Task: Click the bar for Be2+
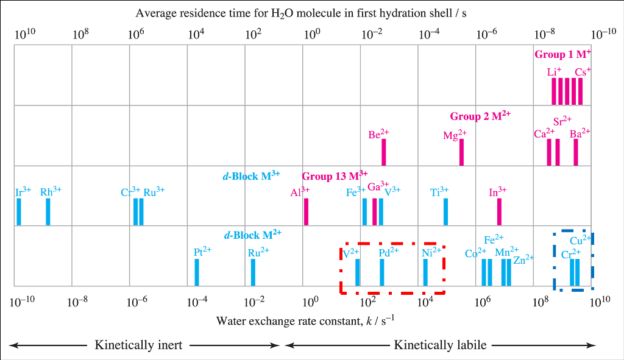coord(383,152)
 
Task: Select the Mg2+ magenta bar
coord(461,152)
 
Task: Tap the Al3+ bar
coord(306,211)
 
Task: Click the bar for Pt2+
coord(197,272)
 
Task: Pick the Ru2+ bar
coord(253,272)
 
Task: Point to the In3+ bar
coord(499,211)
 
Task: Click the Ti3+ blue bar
coord(445,211)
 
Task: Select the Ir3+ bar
coord(19,211)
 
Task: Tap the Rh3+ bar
coord(48,211)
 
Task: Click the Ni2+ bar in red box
coord(425,272)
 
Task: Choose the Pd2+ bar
coord(382,272)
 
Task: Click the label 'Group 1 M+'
coord(562,54)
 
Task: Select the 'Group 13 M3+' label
coord(335,176)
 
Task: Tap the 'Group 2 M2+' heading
coord(480,116)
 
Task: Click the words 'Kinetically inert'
coord(138,345)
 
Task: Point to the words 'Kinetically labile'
coord(440,345)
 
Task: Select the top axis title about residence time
coord(301,13)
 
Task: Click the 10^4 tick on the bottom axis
coord(425,301)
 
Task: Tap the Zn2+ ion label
coord(523,259)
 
